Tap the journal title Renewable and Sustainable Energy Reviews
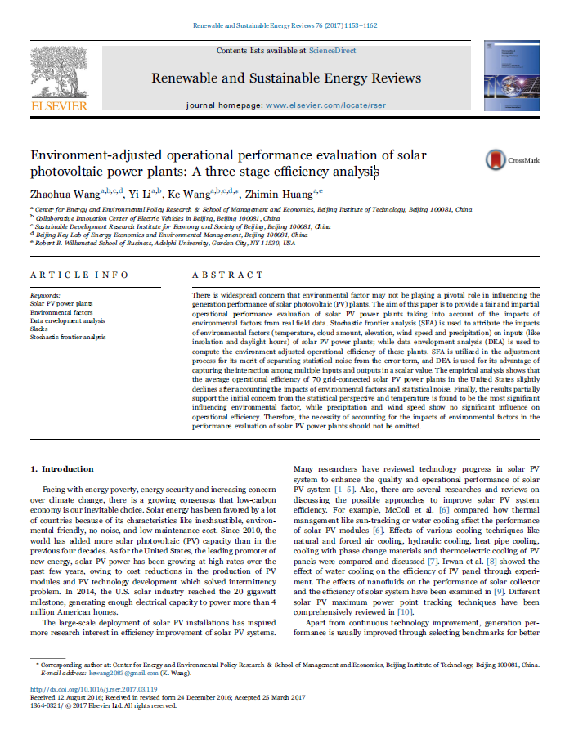[286, 78]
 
